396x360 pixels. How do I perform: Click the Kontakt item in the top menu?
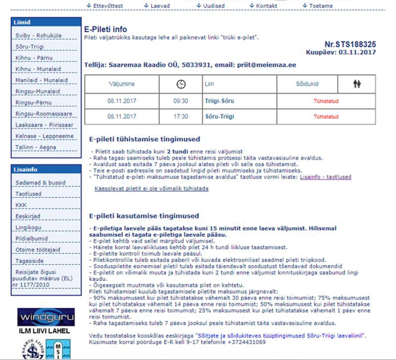(x=266, y=6)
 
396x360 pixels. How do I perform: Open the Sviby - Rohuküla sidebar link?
(x=38, y=36)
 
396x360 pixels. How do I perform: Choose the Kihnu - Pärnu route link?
(x=34, y=58)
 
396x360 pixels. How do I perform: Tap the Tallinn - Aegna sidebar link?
(x=36, y=147)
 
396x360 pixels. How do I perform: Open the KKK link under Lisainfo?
(x=21, y=205)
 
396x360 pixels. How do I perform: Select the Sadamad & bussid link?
(x=40, y=183)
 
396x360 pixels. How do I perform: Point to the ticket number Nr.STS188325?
(x=350, y=44)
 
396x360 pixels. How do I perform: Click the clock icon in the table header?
(x=181, y=84)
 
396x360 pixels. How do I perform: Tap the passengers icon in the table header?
(x=357, y=84)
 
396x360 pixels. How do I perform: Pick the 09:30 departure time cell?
(x=181, y=101)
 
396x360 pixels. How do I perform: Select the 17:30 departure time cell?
(x=181, y=117)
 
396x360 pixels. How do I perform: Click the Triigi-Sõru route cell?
(x=219, y=101)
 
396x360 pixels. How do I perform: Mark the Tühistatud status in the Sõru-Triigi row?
(x=326, y=117)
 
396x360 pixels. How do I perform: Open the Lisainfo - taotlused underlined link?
(x=326, y=177)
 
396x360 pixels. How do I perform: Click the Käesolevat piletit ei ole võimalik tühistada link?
(x=151, y=189)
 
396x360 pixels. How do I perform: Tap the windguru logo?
(x=46, y=317)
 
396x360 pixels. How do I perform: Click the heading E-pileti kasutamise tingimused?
(x=144, y=216)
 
